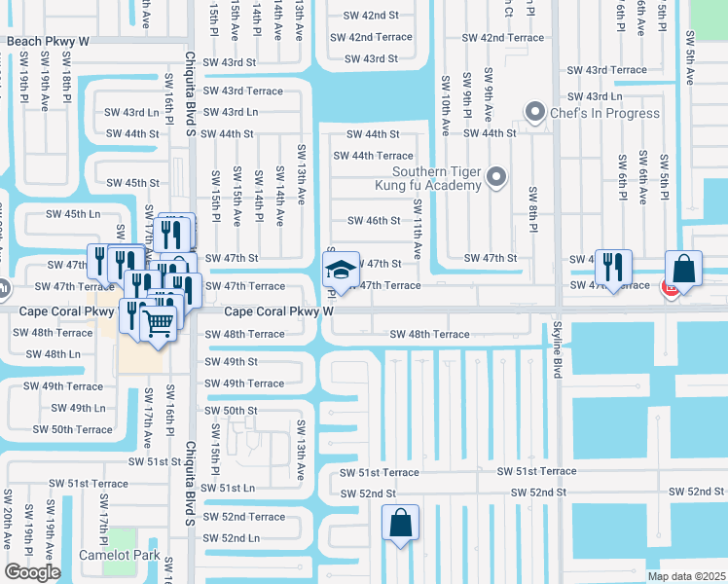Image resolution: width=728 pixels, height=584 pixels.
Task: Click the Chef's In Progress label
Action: [605, 113]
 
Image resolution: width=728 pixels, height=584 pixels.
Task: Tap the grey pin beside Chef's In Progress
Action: [534, 113]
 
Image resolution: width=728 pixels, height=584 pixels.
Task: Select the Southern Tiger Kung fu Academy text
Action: [429, 176]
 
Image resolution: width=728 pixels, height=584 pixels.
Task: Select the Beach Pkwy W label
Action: [48, 42]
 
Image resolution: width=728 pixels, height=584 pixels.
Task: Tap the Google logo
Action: [32, 571]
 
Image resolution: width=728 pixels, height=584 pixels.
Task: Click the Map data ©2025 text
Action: [686, 576]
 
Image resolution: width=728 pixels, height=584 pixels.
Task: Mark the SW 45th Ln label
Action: [74, 214]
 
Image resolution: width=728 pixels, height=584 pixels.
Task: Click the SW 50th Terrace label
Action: [72, 429]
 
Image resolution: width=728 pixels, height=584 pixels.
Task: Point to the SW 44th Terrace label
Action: [373, 156]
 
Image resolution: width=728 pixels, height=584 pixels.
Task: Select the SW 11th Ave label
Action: [418, 229]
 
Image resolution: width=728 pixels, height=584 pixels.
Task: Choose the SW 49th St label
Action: [231, 362]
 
